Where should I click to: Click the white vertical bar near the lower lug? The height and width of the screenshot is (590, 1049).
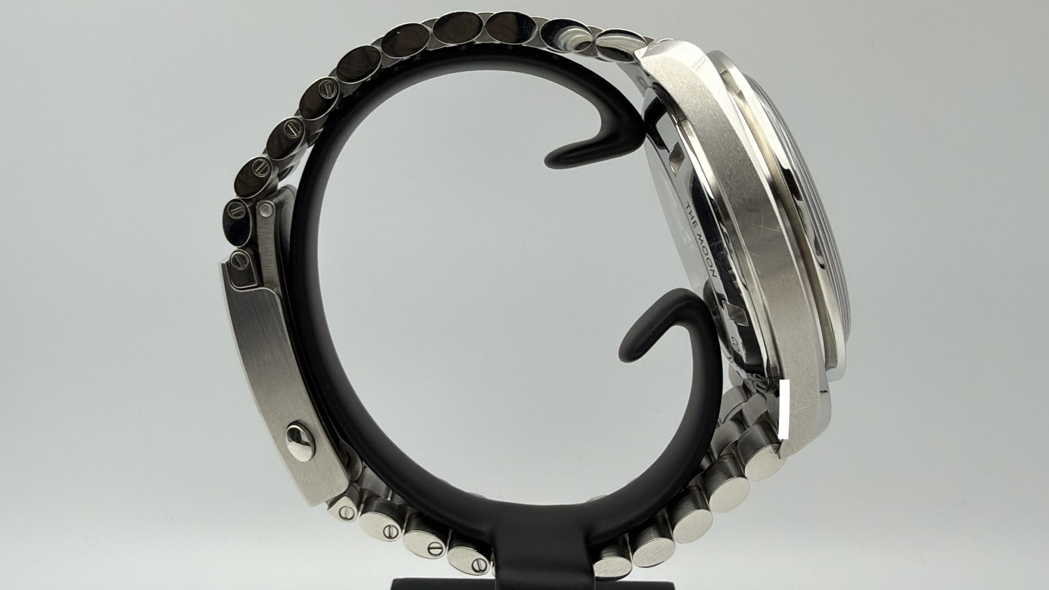pyautogui.click(x=785, y=409)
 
